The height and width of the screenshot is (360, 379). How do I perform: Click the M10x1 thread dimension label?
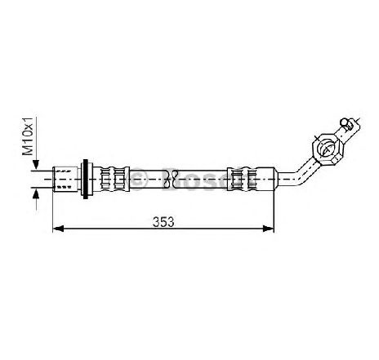(28, 136)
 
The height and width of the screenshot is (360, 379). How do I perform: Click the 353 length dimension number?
(163, 222)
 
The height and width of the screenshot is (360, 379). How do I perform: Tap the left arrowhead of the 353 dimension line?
(58, 229)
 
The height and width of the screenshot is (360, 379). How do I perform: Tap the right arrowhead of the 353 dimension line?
(268, 229)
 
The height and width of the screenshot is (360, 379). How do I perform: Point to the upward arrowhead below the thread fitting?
(36, 193)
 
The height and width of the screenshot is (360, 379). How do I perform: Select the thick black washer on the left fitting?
(86, 179)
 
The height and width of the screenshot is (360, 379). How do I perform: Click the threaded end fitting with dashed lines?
(65, 179)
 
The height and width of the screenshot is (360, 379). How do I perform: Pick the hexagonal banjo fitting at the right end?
(328, 149)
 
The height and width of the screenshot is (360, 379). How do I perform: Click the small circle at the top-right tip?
(345, 122)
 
